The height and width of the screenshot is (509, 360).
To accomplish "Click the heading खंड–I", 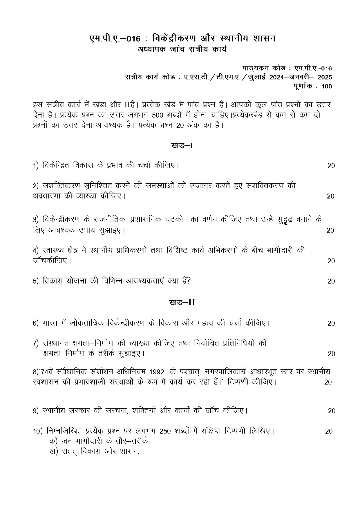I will [182, 145].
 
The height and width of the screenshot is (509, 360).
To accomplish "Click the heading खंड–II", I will [182, 302].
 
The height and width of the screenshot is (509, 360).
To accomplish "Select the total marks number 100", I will [327, 86].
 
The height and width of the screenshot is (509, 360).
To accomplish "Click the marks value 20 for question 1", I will [331, 166].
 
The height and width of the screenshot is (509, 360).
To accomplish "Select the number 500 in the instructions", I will [158, 115].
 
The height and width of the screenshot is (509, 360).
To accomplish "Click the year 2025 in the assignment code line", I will [325, 77].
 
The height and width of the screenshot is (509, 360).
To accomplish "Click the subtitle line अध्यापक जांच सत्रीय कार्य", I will [182, 49].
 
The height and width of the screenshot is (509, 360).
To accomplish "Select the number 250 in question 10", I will [165, 431].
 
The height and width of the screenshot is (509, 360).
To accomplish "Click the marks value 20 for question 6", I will [331, 323].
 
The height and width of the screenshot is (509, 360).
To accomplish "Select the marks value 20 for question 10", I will [329, 431].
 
